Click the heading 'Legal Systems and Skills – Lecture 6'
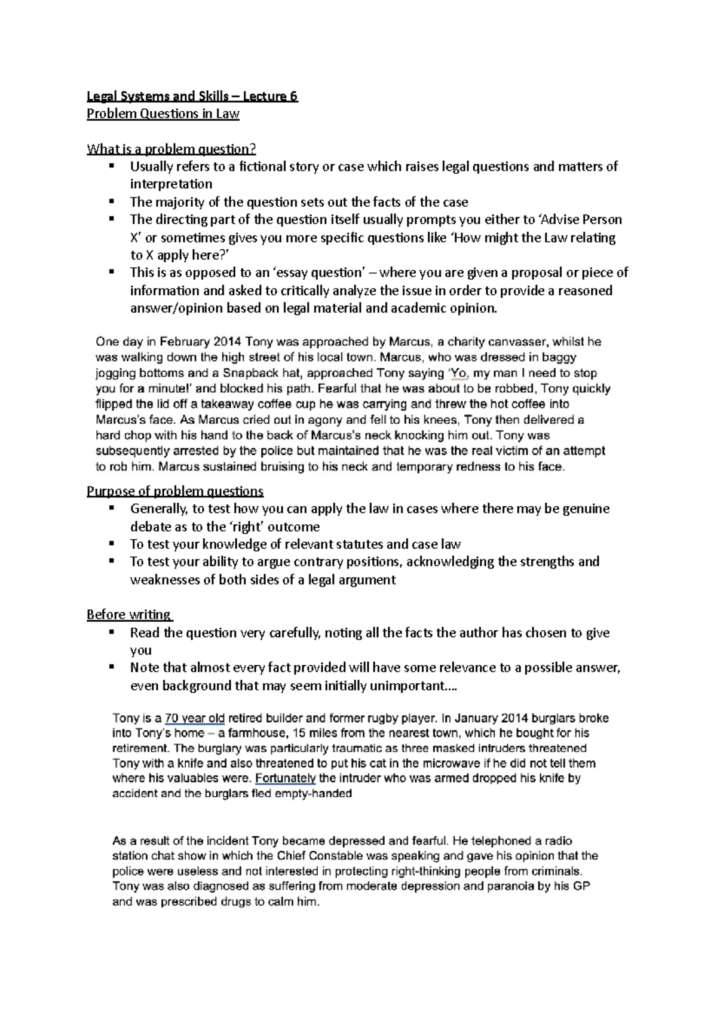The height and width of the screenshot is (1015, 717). (x=192, y=96)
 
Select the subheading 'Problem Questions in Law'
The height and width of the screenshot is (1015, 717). (x=163, y=114)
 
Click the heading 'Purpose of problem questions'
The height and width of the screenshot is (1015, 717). (x=175, y=491)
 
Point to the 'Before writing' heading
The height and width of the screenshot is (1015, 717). (x=128, y=614)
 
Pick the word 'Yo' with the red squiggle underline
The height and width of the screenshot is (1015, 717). (x=457, y=373)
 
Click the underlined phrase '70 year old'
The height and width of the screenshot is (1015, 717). (x=194, y=718)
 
